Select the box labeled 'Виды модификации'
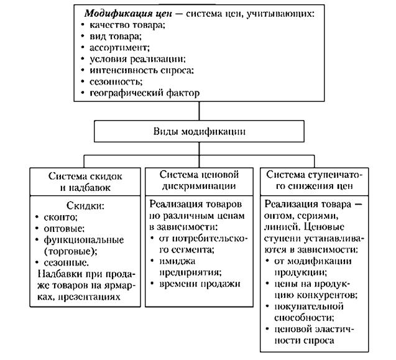198,131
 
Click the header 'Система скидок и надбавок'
83,180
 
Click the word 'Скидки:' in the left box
82,206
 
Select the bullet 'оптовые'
63,228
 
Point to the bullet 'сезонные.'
65,262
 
